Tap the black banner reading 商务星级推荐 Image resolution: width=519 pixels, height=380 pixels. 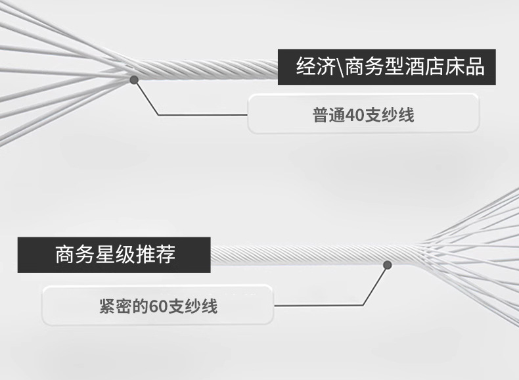pos(114,254)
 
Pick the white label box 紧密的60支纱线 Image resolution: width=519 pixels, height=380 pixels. pos(158,306)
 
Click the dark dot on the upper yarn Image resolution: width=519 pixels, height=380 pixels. pos(134,80)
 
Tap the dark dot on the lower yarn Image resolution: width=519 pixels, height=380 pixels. pos(388,264)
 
